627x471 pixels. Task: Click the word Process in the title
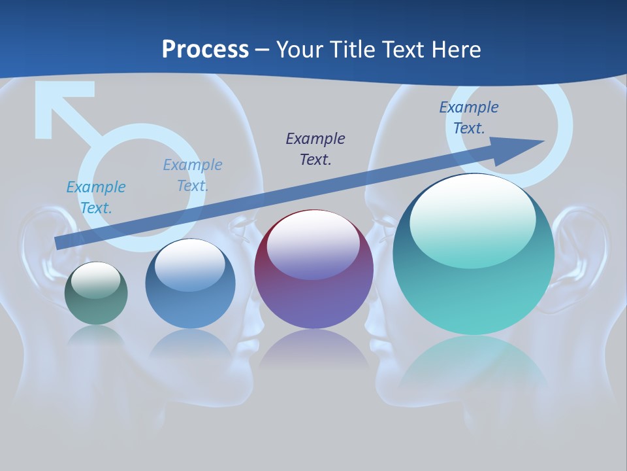[205, 50]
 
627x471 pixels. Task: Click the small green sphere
[96, 294]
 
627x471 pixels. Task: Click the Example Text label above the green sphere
[96, 198]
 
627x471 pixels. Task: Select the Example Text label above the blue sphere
[193, 175]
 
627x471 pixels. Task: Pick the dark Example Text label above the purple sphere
[315, 148]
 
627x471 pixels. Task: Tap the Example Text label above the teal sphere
[469, 118]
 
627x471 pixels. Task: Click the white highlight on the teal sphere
[472, 216]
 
